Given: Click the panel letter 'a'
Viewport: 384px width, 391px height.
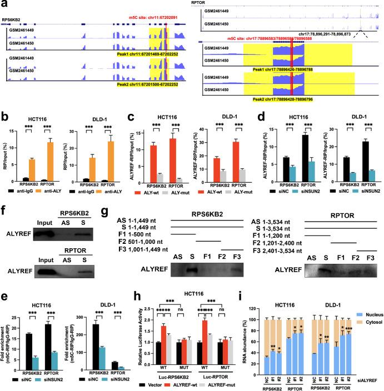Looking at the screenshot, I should [4, 5].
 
